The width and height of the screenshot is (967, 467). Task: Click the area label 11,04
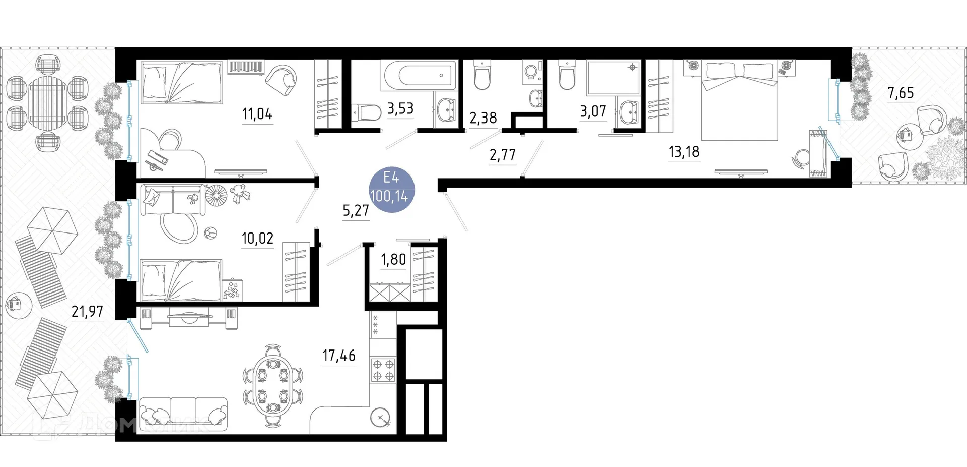[x=257, y=114]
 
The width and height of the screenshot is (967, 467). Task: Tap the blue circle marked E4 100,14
[x=392, y=189]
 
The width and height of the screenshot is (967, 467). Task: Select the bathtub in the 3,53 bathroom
[x=419, y=76]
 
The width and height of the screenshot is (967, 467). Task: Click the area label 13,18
[x=684, y=152]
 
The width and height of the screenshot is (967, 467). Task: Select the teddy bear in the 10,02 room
[x=240, y=193]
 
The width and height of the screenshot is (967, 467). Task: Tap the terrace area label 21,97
[x=87, y=312]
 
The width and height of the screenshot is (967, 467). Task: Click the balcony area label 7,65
[x=901, y=93]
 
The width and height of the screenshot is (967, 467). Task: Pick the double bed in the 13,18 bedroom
[x=739, y=101]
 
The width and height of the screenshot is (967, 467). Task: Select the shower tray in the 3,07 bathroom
[x=613, y=78]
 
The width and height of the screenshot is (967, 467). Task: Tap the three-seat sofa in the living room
[x=183, y=413]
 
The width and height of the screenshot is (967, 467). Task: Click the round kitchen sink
[x=380, y=418]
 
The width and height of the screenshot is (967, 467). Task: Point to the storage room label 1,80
[x=393, y=260]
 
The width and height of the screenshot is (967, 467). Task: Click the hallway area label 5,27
[x=356, y=210]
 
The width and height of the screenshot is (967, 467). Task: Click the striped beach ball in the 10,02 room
[x=211, y=234]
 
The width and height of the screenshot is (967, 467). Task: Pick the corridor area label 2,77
[x=503, y=155]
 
